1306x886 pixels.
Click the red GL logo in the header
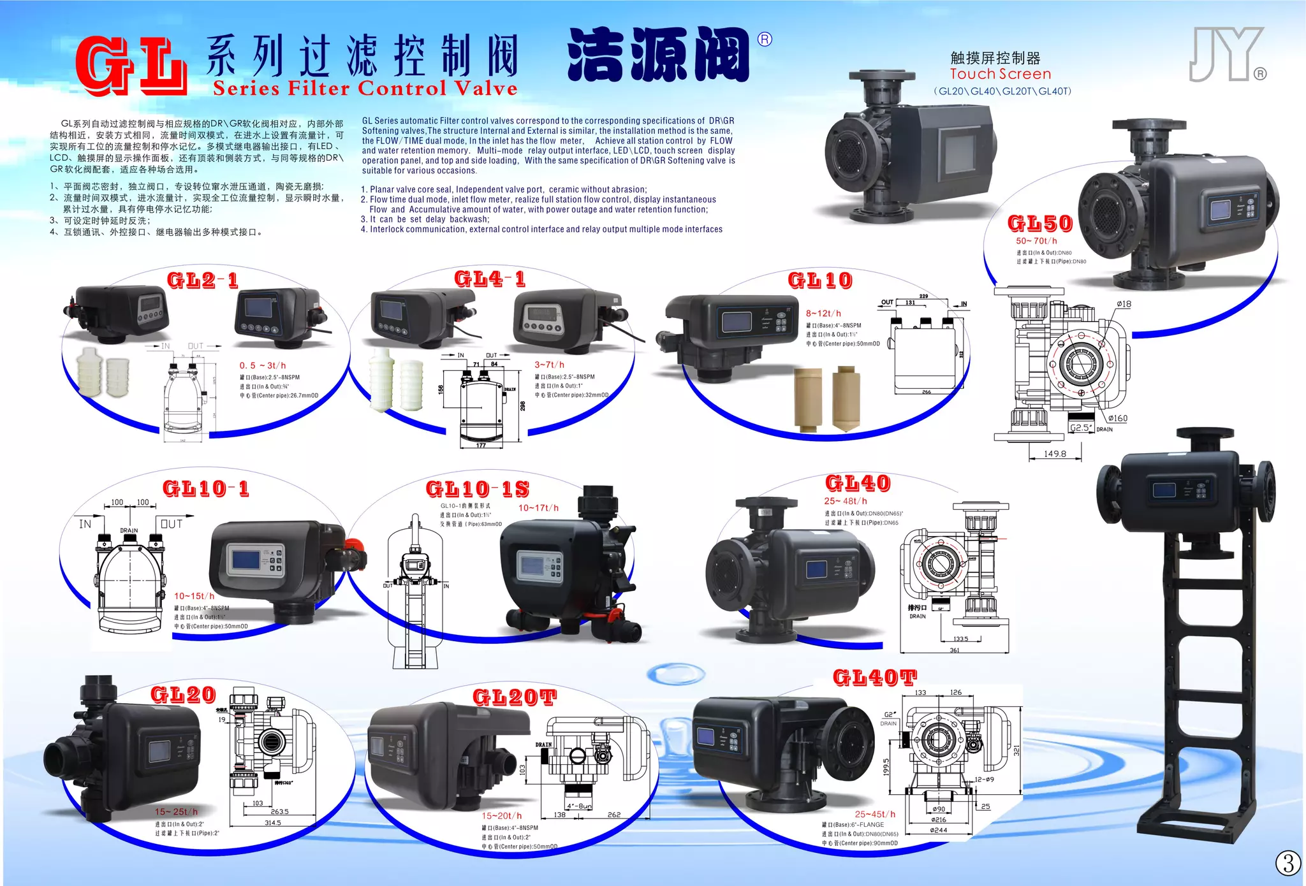(131, 66)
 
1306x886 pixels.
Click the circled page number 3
(1288, 863)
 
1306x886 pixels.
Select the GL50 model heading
(1040, 224)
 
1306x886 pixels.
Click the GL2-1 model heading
(203, 280)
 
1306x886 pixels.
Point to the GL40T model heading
(875, 678)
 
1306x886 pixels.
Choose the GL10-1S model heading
(478, 490)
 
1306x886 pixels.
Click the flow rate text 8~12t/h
(823, 314)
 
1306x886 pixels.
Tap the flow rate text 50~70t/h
(1036, 241)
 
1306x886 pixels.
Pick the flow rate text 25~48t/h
(845, 501)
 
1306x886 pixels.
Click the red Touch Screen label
(1000, 74)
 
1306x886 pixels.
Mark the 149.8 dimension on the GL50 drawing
(1055, 454)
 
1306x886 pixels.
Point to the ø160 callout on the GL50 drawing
(1117, 418)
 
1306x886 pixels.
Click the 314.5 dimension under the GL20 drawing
(273, 822)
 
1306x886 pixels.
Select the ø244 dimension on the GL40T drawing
(939, 830)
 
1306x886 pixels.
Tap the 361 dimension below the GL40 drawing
(954, 650)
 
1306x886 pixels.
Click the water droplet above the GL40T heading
(675, 674)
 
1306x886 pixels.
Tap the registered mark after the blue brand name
(765, 40)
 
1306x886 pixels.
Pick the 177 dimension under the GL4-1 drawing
(481, 445)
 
